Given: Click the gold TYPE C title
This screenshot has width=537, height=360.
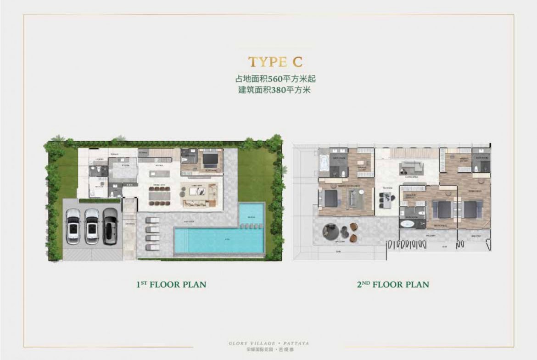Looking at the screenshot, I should click(275, 62).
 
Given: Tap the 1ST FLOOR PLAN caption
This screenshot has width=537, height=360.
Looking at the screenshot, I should click(171, 284).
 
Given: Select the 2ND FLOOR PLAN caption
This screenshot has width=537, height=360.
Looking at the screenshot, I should click(393, 284).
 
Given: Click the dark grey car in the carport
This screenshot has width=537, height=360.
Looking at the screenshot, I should click(110, 226).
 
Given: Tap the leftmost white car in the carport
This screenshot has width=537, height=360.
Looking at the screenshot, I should click(73, 226).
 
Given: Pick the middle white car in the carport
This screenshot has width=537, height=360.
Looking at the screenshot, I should click(92, 226).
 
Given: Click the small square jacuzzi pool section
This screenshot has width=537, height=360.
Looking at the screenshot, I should click(252, 214).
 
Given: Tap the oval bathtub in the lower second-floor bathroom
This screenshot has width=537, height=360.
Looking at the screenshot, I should click(407, 224).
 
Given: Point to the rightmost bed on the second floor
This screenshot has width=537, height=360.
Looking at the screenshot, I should click(473, 209).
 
